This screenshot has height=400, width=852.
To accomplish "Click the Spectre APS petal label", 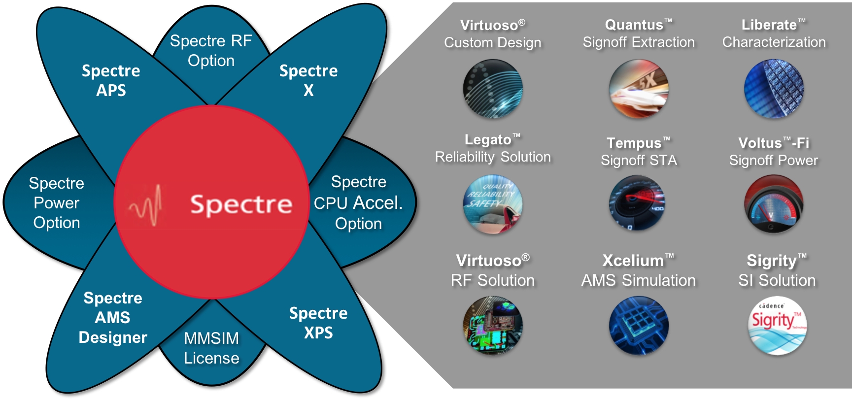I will click(111, 80).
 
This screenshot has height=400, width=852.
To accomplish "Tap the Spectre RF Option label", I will click(211, 51).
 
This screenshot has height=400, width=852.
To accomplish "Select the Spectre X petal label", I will click(308, 80).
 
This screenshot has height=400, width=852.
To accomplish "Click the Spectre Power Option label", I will click(57, 203).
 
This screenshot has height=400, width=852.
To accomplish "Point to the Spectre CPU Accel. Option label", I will click(358, 202).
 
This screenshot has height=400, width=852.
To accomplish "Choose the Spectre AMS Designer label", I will click(113, 318).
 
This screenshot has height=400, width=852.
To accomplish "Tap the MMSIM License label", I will click(211, 348).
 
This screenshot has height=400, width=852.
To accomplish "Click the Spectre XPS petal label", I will click(318, 323).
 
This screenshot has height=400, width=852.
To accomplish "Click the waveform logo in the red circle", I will click(146, 204).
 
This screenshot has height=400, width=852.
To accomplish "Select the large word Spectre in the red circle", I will click(241, 204).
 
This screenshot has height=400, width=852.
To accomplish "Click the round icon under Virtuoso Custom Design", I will click(493, 89).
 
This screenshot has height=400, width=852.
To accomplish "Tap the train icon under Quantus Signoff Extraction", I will click(639, 89).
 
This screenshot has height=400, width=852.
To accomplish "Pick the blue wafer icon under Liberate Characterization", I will click(774, 89).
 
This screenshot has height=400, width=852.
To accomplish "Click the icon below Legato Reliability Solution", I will click(493, 204).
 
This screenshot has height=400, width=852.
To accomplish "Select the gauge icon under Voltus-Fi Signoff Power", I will click(774, 204).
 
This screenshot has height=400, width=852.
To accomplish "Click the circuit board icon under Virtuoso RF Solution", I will click(493, 325).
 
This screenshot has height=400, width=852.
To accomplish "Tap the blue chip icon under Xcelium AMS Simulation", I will click(639, 325).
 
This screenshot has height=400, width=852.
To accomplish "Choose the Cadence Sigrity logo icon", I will click(777, 325).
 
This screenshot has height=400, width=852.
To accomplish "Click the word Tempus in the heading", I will click(634, 143).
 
